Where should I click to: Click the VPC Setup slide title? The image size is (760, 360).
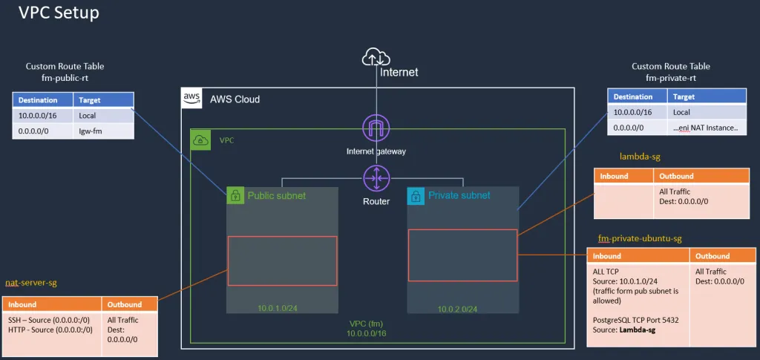click(59, 13)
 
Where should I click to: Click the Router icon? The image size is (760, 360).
click(376, 178)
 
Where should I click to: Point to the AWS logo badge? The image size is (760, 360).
click(191, 99)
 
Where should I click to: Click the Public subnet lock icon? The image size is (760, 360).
click(235, 196)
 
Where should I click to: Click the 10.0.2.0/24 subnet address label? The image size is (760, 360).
click(457, 309)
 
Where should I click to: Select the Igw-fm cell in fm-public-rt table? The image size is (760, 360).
click(103, 131)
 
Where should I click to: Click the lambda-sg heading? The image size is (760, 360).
click(639, 157)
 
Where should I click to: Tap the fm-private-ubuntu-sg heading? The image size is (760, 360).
click(639, 238)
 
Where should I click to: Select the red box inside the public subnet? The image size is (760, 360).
click(282, 261)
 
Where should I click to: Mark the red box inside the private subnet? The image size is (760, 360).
click(462, 255)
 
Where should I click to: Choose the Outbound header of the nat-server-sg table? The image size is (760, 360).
click(124, 304)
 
